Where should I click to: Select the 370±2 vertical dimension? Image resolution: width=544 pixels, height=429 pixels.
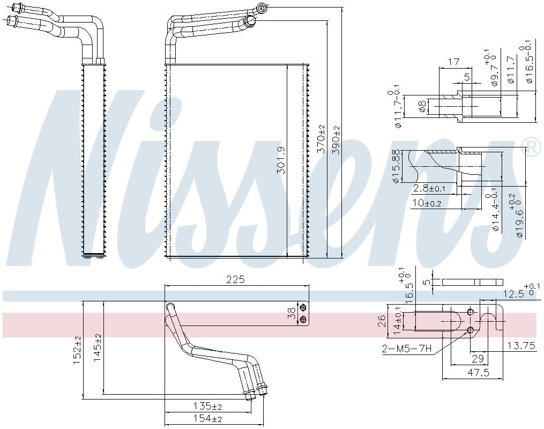tap(321, 140)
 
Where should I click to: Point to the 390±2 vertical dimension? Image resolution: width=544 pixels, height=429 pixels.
tap(336, 140)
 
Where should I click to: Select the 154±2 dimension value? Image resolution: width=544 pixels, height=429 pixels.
tap(207, 419)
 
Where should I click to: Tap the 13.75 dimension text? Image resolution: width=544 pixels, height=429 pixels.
tap(521, 346)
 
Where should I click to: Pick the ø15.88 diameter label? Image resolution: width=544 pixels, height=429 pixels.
tap(396, 167)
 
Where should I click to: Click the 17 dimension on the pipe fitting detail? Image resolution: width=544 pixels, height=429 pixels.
tap(453, 62)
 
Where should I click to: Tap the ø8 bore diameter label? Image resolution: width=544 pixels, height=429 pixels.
tap(422, 107)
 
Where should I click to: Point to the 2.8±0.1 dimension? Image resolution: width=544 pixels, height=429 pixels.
tap(429, 188)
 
